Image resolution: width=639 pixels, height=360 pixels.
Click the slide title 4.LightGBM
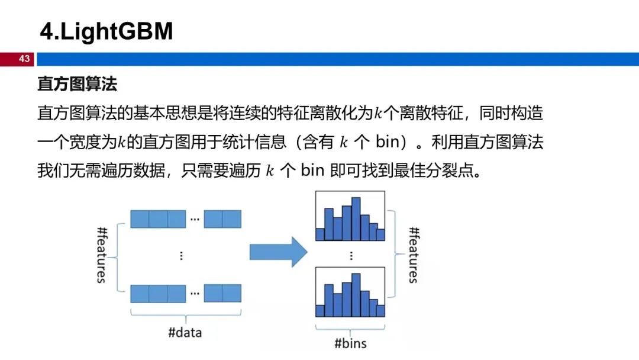point(106,31)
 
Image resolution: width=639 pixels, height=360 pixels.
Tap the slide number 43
point(24,59)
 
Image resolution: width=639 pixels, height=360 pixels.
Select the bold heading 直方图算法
point(78,84)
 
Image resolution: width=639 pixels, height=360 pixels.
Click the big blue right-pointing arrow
point(278,252)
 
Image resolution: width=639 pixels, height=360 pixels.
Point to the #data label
point(185,333)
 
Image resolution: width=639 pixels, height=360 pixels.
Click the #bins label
point(350,343)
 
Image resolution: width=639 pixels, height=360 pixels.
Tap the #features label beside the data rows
point(102,255)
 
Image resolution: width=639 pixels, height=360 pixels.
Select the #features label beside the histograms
point(413,255)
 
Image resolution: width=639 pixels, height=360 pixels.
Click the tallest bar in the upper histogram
point(356,219)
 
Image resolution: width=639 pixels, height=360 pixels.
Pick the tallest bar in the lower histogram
point(356,295)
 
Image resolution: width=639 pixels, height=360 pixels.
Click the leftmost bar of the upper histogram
point(320,234)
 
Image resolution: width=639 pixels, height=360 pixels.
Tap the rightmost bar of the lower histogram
point(380,311)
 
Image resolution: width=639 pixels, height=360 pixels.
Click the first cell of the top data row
point(140,219)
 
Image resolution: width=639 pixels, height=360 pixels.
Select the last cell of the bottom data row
point(232,294)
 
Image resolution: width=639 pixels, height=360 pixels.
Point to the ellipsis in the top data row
point(195,219)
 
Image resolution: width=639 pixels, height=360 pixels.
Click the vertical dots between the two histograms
point(351,256)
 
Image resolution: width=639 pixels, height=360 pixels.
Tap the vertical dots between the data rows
point(182,256)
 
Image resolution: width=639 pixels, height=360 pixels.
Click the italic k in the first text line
point(378,113)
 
